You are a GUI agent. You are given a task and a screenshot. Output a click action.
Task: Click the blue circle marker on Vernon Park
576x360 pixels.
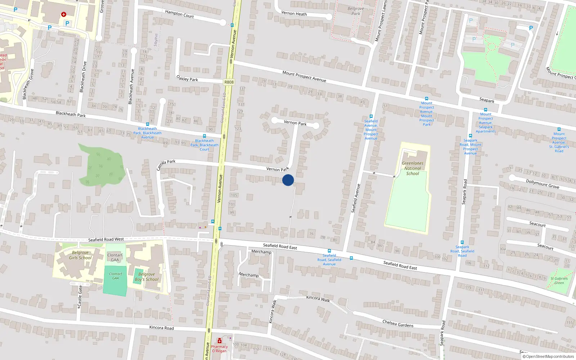click(288, 180)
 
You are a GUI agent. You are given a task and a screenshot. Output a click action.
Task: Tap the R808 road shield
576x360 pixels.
click(229, 82)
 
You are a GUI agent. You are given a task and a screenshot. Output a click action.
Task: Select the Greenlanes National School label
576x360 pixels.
click(413, 168)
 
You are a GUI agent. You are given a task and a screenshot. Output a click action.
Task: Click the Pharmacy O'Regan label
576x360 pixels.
click(219, 349)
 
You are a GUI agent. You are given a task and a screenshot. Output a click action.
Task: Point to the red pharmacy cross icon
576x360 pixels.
click(219, 341)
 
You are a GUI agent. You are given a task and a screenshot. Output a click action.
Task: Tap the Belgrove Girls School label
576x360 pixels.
click(80, 255)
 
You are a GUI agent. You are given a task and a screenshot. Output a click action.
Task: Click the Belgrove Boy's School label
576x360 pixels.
click(147, 277)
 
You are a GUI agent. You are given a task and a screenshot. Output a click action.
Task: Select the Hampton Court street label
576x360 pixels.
click(179, 14)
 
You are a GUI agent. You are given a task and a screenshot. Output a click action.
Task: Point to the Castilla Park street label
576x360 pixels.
click(166, 165)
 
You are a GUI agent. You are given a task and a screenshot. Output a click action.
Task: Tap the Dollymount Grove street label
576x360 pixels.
click(543, 184)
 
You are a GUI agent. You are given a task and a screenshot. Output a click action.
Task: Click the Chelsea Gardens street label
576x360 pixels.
click(398, 323)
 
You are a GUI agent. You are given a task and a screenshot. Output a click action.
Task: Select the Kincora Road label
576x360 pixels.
click(161, 328)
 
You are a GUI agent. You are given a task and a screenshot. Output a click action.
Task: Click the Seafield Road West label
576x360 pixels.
click(106, 239)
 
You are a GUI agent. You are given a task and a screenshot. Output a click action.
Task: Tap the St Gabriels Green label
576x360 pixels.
click(559, 280)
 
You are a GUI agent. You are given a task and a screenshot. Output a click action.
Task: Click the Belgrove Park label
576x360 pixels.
click(356, 11)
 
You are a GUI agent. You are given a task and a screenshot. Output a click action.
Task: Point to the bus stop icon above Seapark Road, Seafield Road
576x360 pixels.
click(462, 242)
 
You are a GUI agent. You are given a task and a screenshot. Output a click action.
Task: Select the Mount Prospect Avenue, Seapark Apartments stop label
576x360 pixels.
click(486, 123)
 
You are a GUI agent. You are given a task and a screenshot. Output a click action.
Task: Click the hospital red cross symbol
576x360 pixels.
click(64, 14)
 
